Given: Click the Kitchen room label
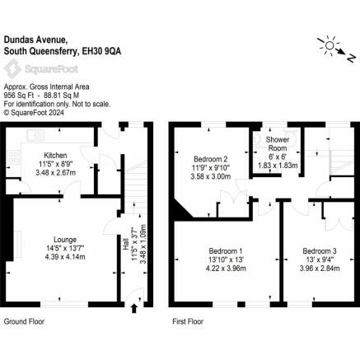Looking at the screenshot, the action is pos(55,156).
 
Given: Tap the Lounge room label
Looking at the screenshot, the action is pos(65,240).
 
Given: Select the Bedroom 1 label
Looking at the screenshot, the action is pos(226,251).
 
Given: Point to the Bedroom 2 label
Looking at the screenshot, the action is pos(211,159).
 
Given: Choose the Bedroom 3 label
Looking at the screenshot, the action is pos(320,251).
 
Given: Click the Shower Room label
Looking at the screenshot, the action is pos(278,144).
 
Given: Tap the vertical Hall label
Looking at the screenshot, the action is pos(126,244).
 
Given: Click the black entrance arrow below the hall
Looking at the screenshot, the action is pos(134,308).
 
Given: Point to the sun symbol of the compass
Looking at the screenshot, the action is pos(330,45).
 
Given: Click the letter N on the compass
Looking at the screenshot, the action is pos(351,58).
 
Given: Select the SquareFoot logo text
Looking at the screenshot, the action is pos(52,69).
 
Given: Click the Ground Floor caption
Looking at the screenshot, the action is pos(24,321).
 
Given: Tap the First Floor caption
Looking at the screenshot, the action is pos(188,321).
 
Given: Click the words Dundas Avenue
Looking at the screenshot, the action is pos(35,40).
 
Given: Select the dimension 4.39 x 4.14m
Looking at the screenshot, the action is pos(65,257).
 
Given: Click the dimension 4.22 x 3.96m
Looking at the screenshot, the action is pos(226,269).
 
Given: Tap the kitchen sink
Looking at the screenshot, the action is pos(35,135).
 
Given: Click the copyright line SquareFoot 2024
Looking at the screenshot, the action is pos(34,112).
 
